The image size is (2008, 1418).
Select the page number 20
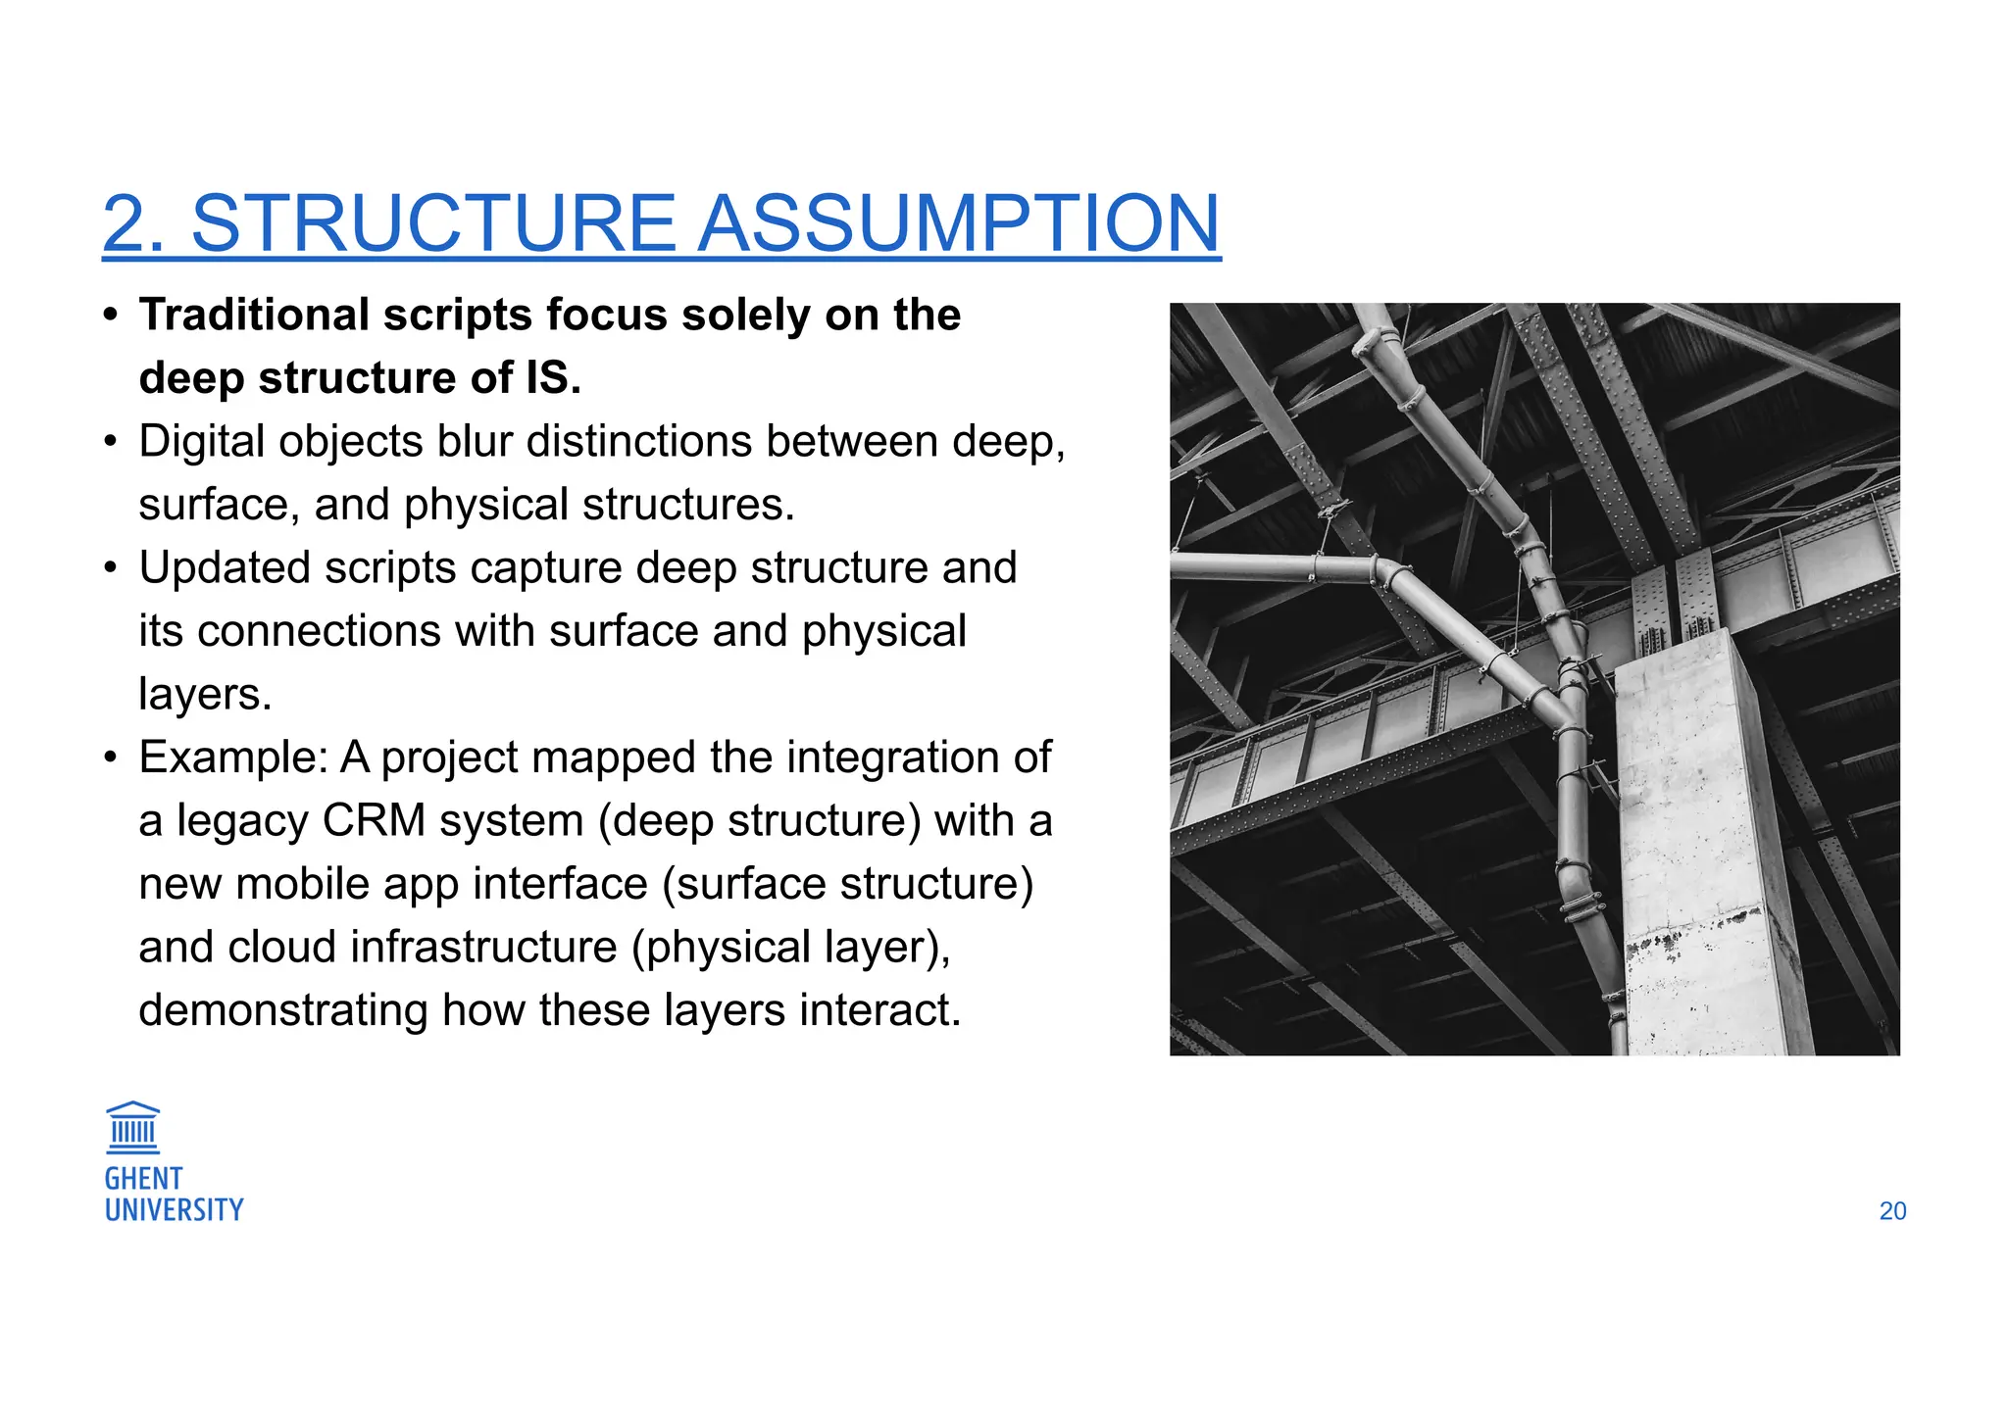1892,1211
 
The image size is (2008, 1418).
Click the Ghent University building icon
132,1128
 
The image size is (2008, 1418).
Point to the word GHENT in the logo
143,1179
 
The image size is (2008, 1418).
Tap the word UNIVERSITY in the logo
174,1210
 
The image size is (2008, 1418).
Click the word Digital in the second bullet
202,442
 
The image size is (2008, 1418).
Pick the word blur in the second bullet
475,442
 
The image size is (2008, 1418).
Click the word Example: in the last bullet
232,758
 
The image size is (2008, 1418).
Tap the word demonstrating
283,1010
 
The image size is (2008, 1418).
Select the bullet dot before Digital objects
112,442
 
